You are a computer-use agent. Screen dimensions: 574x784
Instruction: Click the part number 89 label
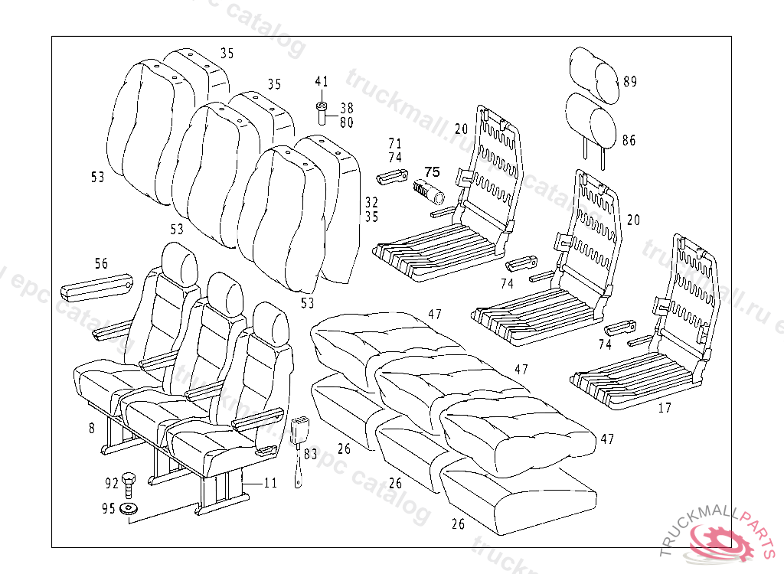pyautogui.click(x=629, y=82)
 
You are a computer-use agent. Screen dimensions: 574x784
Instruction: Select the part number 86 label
pyautogui.click(x=629, y=140)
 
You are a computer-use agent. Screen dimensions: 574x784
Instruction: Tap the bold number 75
pyautogui.click(x=432, y=171)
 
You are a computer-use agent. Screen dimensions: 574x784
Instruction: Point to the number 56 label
pyautogui.click(x=101, y=263)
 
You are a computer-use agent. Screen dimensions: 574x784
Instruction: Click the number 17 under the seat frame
pyautogui.click(x=665, y=408)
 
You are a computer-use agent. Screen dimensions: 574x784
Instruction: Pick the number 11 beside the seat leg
pyautogui.click(x=270, y=483)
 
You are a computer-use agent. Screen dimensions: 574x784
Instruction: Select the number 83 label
pyautogui.click(x=310, y=453)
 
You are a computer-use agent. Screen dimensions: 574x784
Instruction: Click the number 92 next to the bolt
pyautogui.click(x=111, y=483)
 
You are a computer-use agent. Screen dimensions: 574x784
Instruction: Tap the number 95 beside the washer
pyautogui.click(x=108, y=508)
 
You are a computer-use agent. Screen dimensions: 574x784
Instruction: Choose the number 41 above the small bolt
pyautogui.click(x=322, y=81)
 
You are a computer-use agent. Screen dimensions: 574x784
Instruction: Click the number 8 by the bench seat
pyautogui.click(x=92, y=428)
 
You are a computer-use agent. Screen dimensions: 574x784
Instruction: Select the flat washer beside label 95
pyautogui.click(x=129, y=509)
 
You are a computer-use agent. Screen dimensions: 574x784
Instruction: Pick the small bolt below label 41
pyautogui.click(x=322, y=112)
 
